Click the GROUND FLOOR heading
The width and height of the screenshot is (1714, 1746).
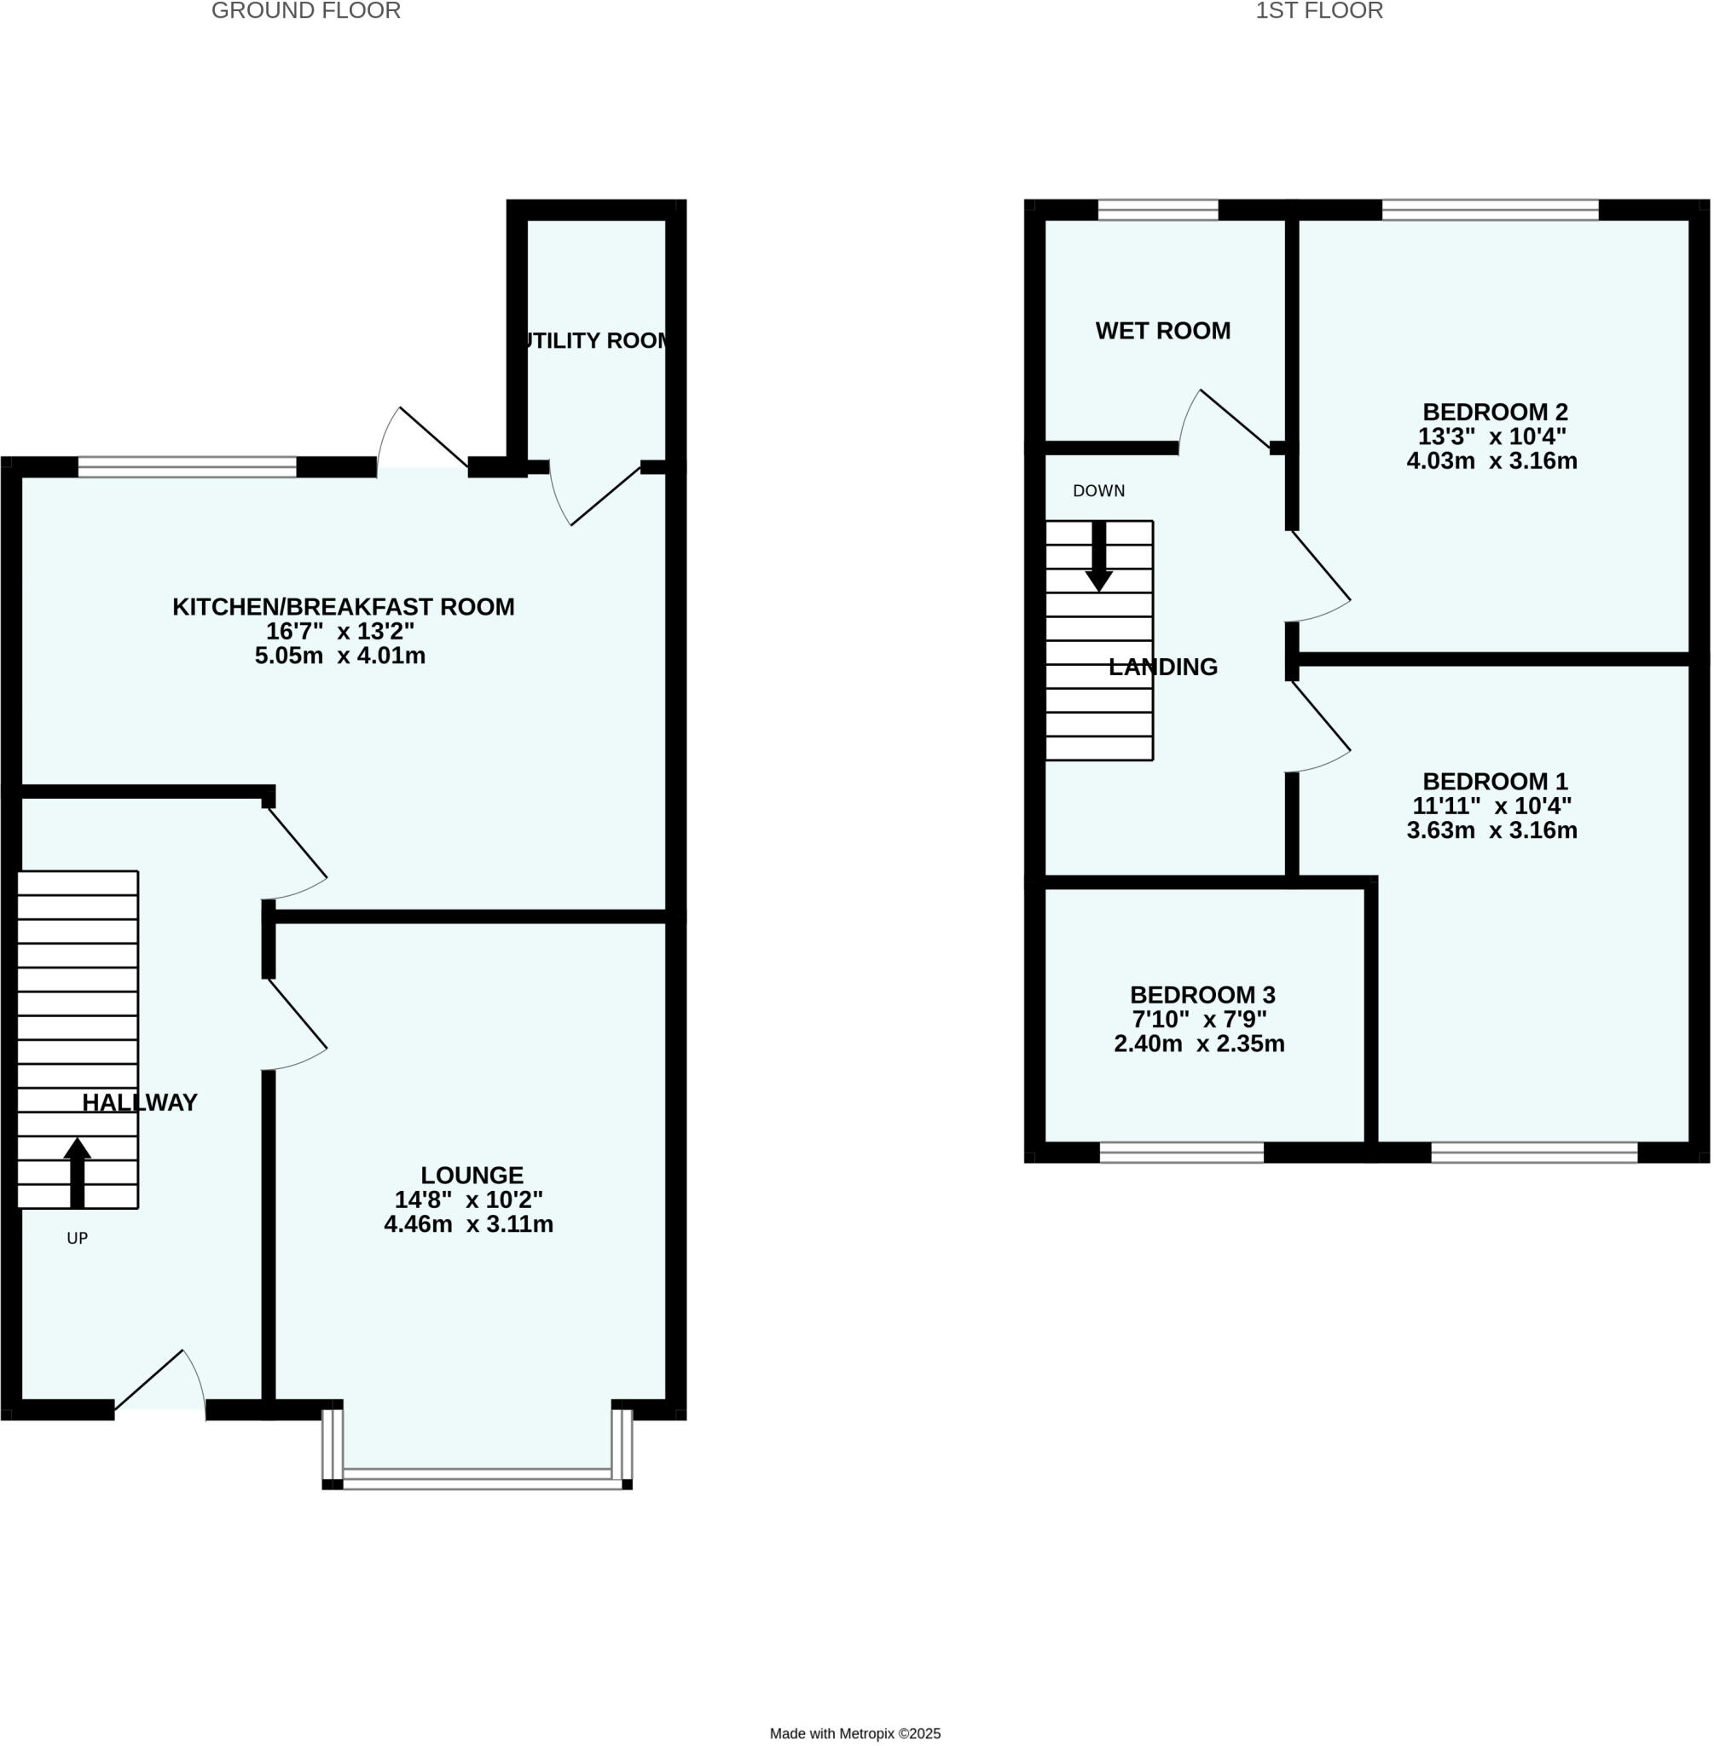(x=306, y=12)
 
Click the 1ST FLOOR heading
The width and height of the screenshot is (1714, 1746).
(x=1320, y=12)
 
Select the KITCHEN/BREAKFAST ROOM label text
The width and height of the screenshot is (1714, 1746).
(x=343, y=608)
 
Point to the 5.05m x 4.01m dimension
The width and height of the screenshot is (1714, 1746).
(x=340, y=656)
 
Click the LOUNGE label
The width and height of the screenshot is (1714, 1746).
(x=472, y=1176)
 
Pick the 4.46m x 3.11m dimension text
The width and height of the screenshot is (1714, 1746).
(x=468, y=1224)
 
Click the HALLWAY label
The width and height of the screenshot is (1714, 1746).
(x=140, y=1103)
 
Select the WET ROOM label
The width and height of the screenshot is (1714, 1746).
(x=1163, y=331)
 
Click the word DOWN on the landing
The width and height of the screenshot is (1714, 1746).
(x=1099, y=491)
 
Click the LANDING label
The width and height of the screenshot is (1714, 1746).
(x=1163, y=668)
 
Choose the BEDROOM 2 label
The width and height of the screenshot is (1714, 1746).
(x=1495, y=412)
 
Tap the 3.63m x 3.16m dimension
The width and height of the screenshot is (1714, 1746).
(x=1492, y=830)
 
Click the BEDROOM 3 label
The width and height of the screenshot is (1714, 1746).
(x=1202, y=996)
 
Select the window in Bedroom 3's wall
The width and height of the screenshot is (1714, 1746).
(x=1182, y=1153)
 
